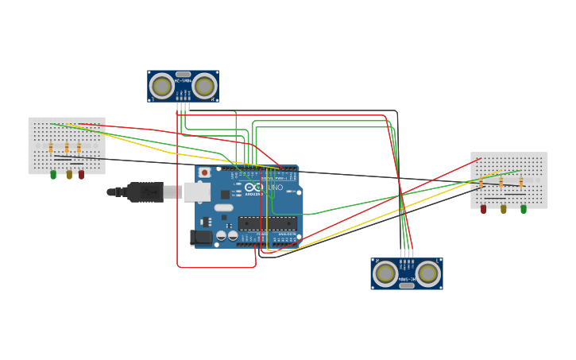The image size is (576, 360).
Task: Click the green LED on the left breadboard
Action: coord(53,174)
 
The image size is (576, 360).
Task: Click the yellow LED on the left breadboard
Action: coord(69,174)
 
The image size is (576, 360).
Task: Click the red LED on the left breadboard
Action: coord(81,174)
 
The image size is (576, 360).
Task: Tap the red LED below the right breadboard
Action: coord(483,209)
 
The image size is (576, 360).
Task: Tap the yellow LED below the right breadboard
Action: coord(503,209)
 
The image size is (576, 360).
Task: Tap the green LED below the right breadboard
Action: coord(524,209)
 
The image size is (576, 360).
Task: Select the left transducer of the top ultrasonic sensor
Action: coord(161,86)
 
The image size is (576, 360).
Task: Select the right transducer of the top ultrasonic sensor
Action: coord(204,86)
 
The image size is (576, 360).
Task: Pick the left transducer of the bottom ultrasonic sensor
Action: coord(385,273)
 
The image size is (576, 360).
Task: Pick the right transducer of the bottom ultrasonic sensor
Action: coord(427,273)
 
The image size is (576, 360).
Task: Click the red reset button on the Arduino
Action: coord(204,172)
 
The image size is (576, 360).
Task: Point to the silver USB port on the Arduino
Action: coord(197,192)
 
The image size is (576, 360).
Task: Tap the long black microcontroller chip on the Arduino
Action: coord(268,223)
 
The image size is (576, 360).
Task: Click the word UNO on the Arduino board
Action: coord(274,188)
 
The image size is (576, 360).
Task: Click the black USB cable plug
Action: coord(145,192)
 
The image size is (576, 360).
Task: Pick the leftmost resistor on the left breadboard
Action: coord(51,148)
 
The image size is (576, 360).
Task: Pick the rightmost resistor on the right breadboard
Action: coord(521,182)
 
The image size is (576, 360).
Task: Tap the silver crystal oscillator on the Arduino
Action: coord(224,208)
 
